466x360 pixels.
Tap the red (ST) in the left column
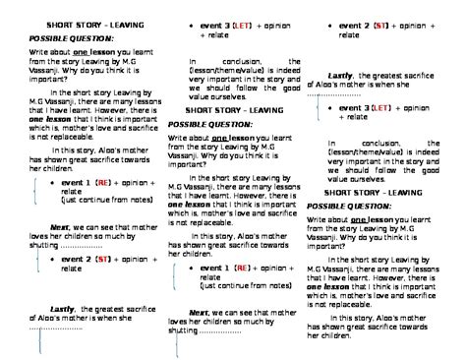102,259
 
